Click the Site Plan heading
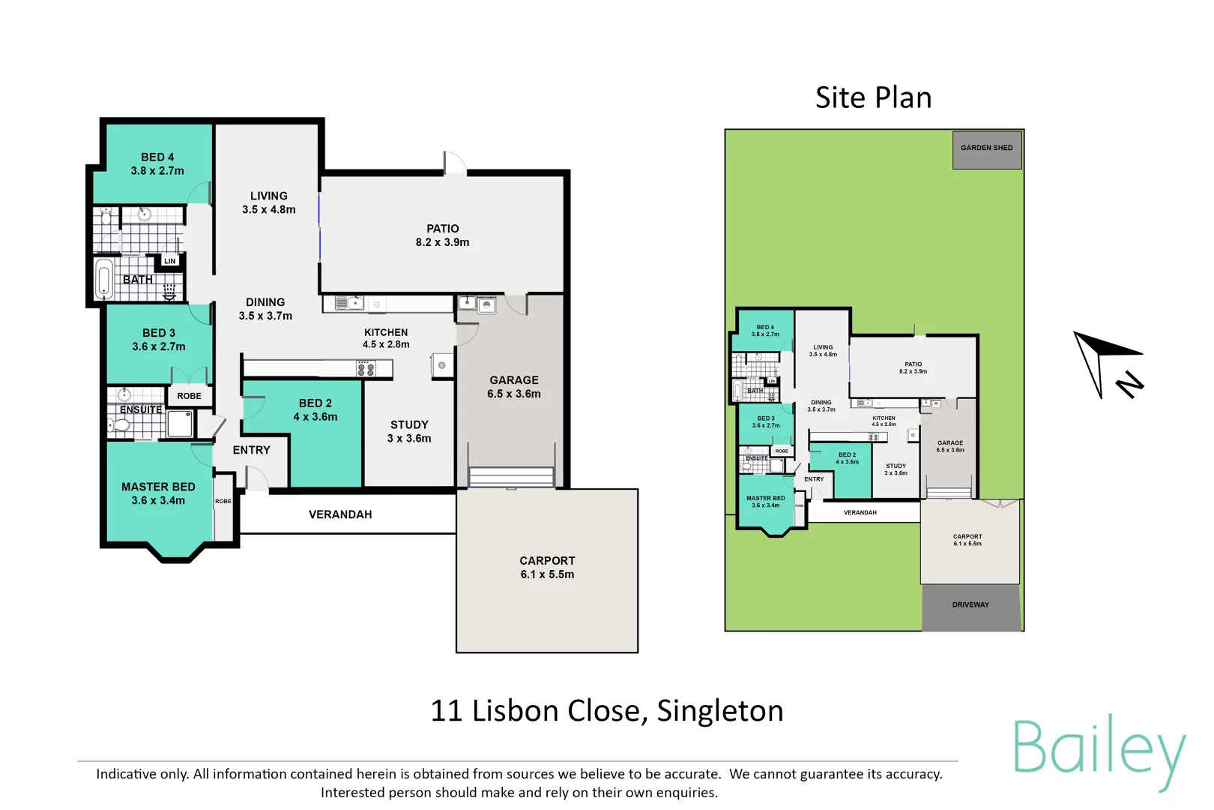(873, 98)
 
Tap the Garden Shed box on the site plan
(986, 148)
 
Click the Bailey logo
(1099, 751)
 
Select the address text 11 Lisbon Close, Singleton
(606, 711)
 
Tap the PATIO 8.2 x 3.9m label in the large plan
(442, 235)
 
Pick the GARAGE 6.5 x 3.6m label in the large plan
(513, 387)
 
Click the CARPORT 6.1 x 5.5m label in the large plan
(547, 568)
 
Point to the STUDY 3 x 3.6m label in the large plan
(409, 431)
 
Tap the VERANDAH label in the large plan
(340, 514)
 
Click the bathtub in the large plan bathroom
(105, 279)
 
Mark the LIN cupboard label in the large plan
(170, 261)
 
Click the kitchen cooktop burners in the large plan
(366, 368)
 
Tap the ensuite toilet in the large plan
(120, 426)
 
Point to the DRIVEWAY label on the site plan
(970, 604)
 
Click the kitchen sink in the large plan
(350, 304)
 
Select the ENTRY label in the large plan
(251, 450)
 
